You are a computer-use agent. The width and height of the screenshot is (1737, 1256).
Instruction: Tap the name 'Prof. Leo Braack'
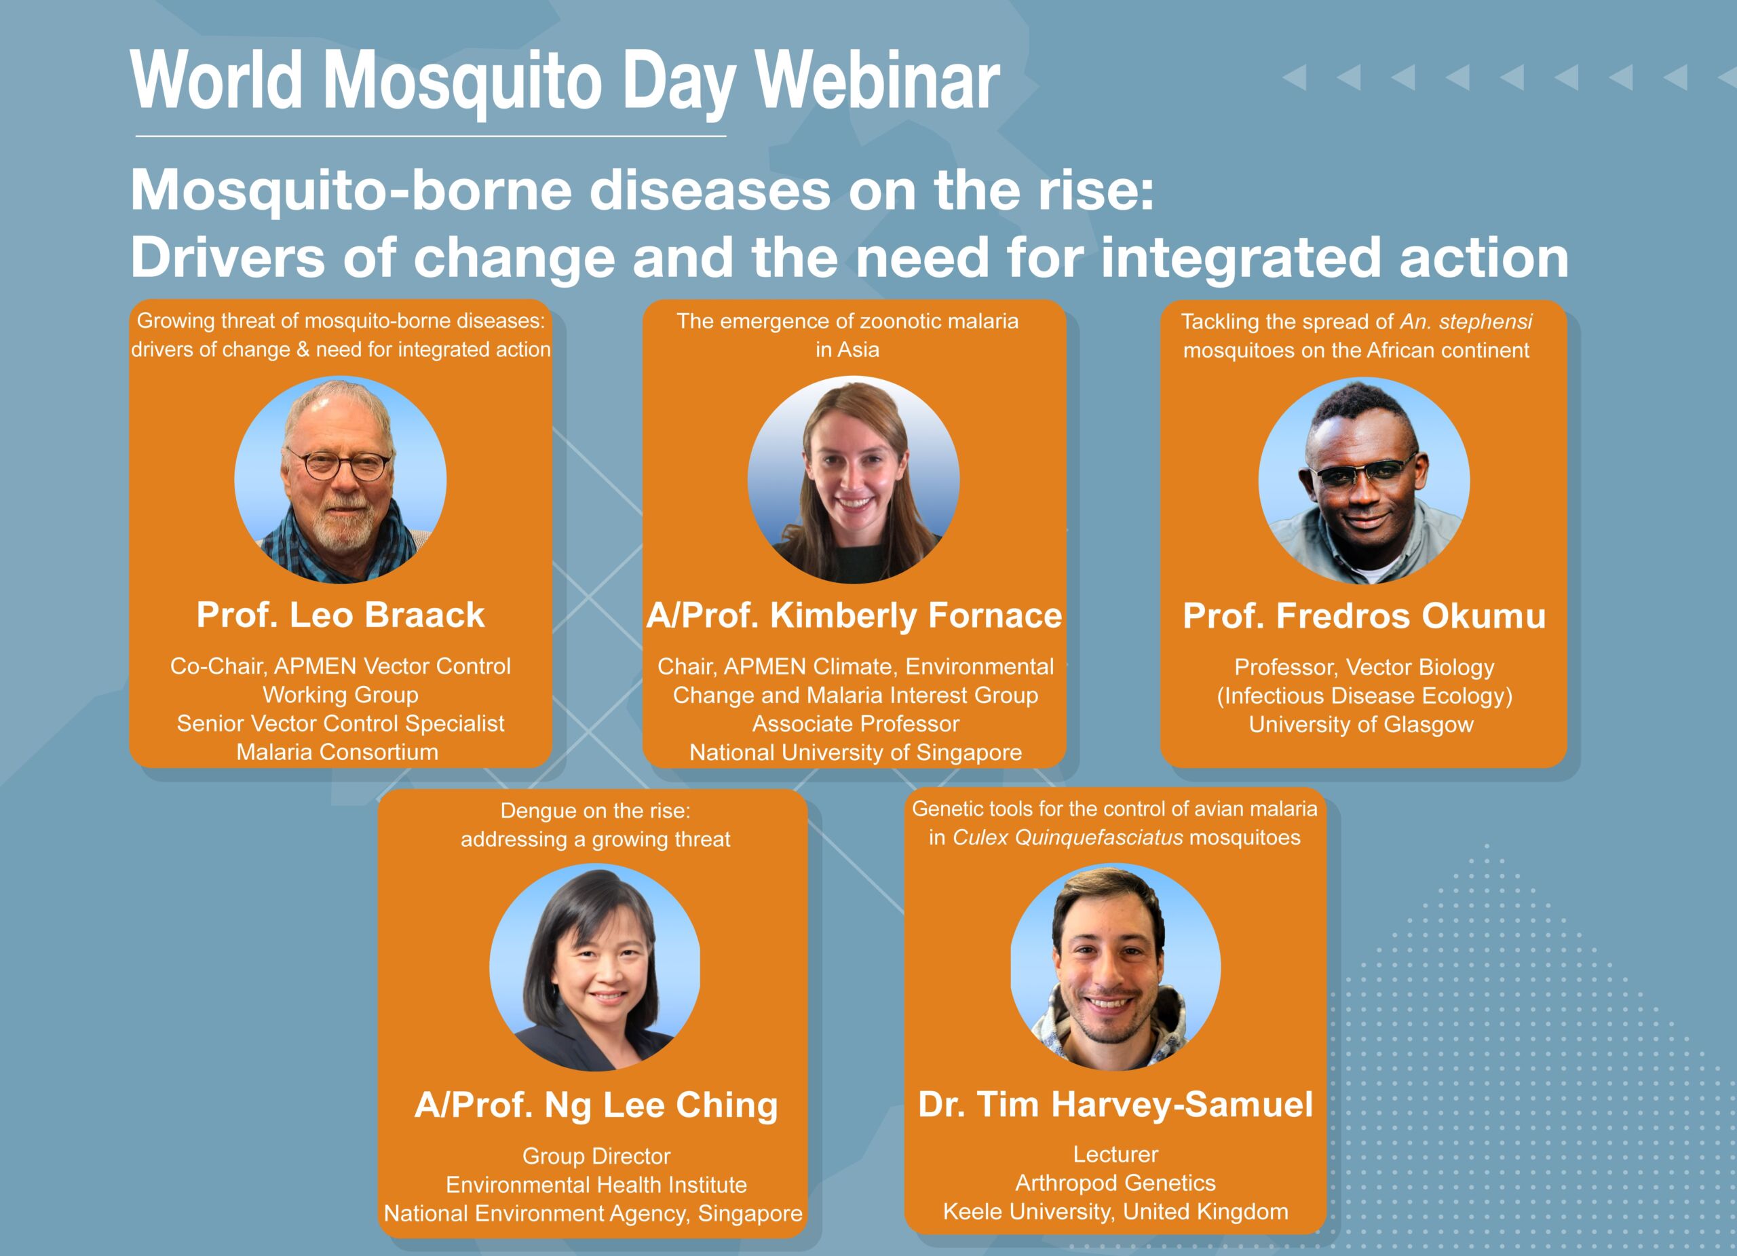point(340,615)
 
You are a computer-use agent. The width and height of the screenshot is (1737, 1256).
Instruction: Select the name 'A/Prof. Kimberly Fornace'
point(854,615)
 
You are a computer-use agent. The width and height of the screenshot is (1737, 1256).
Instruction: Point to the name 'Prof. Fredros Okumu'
point(1364,617)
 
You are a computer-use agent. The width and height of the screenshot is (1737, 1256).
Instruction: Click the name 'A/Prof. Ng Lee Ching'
point(596,1106)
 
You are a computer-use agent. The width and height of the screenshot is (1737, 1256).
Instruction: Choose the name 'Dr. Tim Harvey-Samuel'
point(1115,1105)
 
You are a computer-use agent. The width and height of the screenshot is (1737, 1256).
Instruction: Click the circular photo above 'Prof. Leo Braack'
point(340,480)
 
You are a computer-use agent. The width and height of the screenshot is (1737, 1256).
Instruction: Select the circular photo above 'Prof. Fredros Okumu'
point(1364,481)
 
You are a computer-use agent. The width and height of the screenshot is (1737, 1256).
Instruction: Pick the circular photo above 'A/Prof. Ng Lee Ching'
point(595,967)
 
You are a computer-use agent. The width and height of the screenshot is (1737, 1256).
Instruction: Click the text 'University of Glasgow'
point(1361,725)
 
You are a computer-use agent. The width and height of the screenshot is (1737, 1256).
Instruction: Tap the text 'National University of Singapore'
point(856,753)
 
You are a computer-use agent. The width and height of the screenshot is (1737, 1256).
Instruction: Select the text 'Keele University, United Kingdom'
point(1115,1212)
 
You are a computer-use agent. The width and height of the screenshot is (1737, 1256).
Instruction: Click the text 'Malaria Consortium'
point(337,752)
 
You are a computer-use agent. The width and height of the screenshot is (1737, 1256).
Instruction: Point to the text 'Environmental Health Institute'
point(596,1185)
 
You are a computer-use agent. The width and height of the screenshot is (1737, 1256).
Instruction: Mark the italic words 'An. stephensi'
point(1466,322)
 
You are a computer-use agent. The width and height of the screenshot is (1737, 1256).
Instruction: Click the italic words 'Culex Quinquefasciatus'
point(1067,838)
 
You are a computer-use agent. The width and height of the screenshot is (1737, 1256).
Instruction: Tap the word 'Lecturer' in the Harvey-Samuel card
point(1115,1154)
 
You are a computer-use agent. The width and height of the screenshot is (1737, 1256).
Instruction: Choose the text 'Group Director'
point(596,1156)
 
